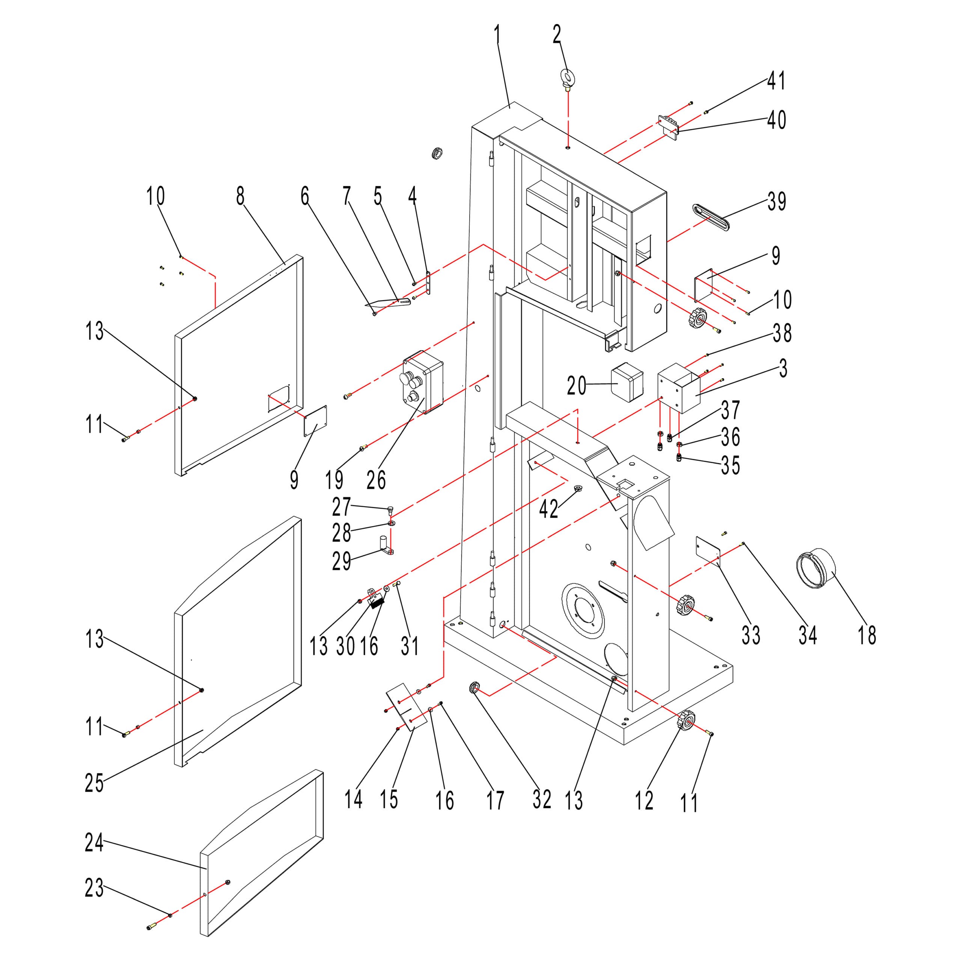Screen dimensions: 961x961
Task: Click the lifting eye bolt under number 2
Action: (x=568, y=79)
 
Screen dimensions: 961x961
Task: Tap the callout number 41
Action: (x=776, y=81)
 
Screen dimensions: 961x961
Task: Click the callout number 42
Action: (x=549, y=509)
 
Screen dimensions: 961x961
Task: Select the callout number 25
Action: (x=95, y=783)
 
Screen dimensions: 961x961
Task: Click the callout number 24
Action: (x=95, y=843)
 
